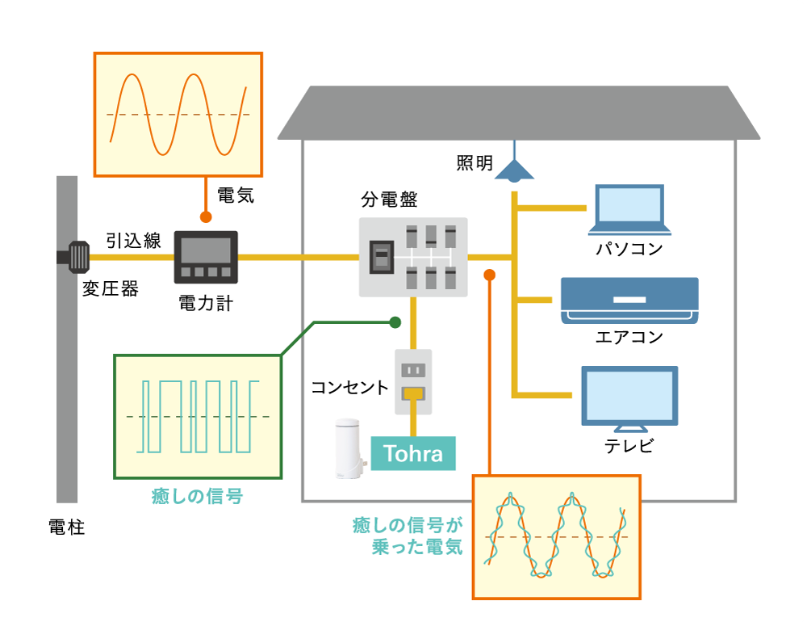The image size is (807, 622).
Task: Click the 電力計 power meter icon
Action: [206, 257]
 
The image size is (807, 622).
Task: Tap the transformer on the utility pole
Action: [78, 257]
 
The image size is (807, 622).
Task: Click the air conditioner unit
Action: [629, 300]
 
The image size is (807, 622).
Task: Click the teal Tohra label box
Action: [413, 453]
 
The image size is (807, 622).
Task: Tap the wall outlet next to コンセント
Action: [413, 381]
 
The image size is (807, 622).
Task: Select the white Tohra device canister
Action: [350, 448]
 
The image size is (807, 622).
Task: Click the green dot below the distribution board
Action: [395, 322]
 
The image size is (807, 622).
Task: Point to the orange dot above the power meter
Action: [206, 217]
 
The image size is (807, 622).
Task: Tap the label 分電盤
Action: [389, 199]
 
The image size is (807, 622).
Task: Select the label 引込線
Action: [133, 240]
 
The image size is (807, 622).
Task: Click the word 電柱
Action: [66, 528]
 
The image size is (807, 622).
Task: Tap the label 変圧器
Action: [110, 288]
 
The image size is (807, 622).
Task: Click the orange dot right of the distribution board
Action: [489, 275]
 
